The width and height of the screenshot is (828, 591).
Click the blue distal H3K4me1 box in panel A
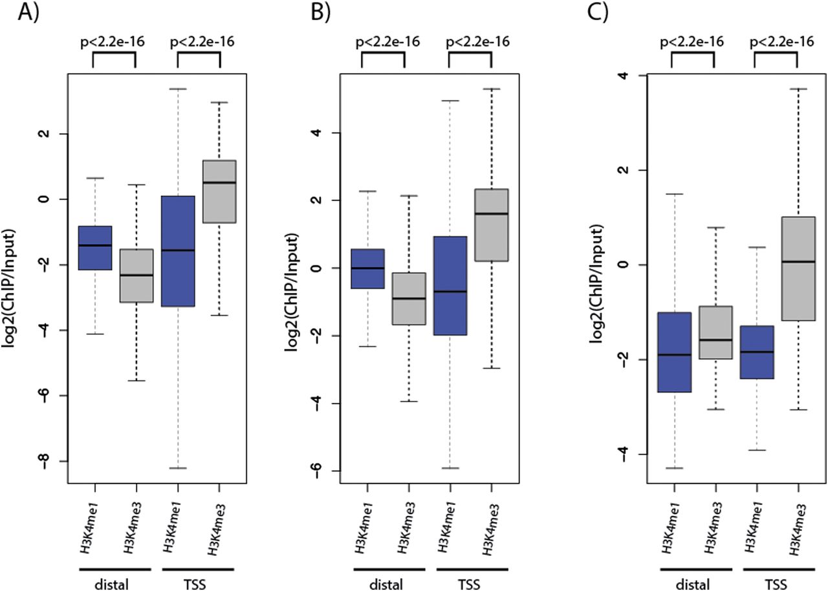(x=95, y=248)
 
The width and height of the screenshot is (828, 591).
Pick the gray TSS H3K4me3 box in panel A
(x=219, y=191)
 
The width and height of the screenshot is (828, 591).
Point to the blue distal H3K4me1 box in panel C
(x=674, y=352)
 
